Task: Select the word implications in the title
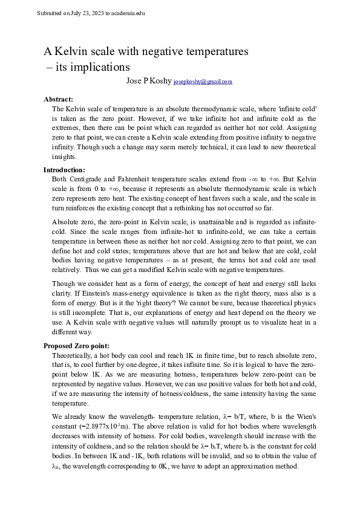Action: [101, 67]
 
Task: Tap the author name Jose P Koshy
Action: [148, 81]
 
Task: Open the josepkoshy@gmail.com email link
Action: [203, 82]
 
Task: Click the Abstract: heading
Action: [59, 99]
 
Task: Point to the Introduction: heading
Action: [65, 170]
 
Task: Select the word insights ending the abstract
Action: [65, 155]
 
